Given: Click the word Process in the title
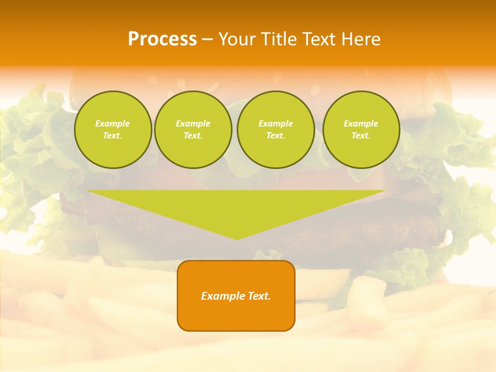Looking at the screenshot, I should (162, 39).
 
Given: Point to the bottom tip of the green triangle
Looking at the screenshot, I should (237, 239).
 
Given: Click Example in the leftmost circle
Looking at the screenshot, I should (113, 123).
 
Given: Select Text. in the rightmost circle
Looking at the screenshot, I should (361, 135).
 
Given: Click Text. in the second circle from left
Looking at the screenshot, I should (193, 135).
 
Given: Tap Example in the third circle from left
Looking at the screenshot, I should (275, 123).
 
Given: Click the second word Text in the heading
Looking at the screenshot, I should (319, 39).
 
